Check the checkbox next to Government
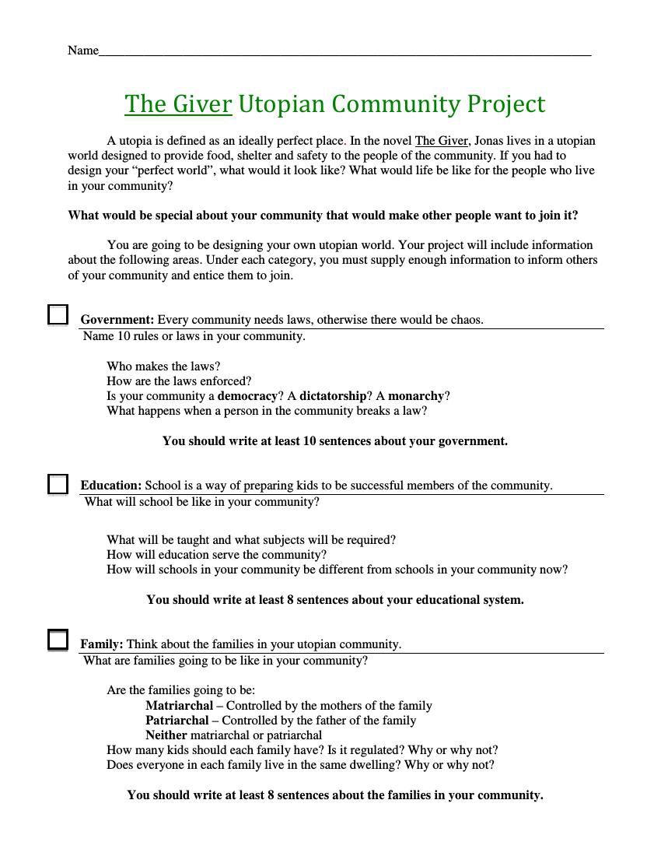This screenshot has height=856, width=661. [x=58, y=314]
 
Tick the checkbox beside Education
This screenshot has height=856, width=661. [x=58, y=484]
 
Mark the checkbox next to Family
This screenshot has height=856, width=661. [x=58, y=640]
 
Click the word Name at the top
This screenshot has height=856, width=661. [x=83, y=51]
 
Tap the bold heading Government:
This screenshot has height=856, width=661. [x=117, y=320]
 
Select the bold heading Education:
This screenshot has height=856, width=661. [x=111, y=486]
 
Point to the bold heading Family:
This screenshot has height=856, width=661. [x=102, y=644]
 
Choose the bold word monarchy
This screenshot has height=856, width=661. [x=416, y=396]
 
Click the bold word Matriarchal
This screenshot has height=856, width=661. [x=179, y=706]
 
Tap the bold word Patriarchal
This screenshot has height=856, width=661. [x=177, y=721]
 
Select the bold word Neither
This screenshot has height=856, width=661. [x=166, y=735]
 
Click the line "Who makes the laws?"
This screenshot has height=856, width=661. [x=163, y=367]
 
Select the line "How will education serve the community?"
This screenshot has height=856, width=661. [x=216, y=555]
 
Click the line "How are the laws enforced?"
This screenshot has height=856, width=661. [x=179, y=381]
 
